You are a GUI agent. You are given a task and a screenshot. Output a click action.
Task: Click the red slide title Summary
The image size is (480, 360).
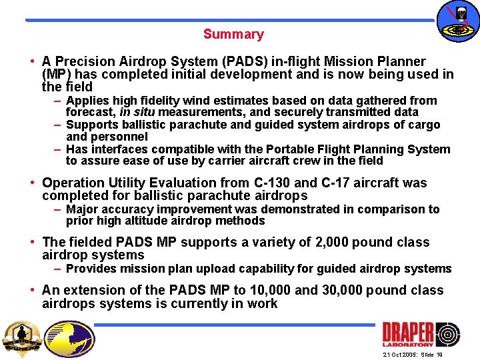point(233,34)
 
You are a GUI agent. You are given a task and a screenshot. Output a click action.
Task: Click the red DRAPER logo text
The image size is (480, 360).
point(408,331)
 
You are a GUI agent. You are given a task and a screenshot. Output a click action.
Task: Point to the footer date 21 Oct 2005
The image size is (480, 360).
point(399,355)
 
